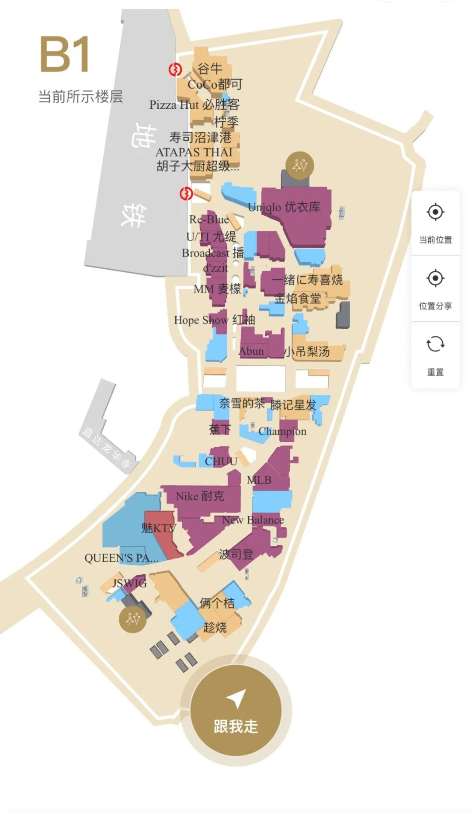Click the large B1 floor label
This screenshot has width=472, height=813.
[65, 55]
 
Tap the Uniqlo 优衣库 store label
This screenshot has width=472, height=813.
[284, 207]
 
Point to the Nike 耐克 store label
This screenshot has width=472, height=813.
[200, 496]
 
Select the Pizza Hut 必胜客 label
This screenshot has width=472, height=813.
[194, 105]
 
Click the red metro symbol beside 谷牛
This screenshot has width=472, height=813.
[175, 69]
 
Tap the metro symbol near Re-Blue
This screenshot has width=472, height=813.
[186, 193]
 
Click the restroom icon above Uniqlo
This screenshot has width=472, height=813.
[300, 165]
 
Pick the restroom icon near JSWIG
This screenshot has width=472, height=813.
[133, 619]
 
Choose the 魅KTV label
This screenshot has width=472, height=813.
[158, 528]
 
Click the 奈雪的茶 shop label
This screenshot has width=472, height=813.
[242, 403]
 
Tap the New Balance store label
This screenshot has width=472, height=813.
[253, 520]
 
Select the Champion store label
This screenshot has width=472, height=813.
[282, 431]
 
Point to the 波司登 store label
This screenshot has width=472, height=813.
[236, 554]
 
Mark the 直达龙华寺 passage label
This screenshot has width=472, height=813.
[106, 447]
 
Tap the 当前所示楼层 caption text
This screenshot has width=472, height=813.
[81, 97]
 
